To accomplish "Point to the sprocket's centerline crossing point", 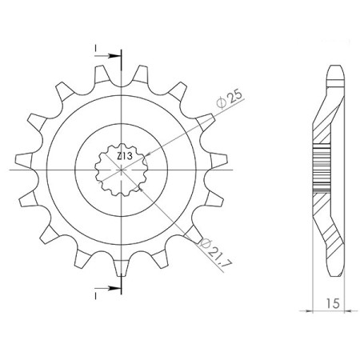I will pyautogui.click(x=122, y=170).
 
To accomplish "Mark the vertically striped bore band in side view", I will pyautogui.click(x=321, y=169).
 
